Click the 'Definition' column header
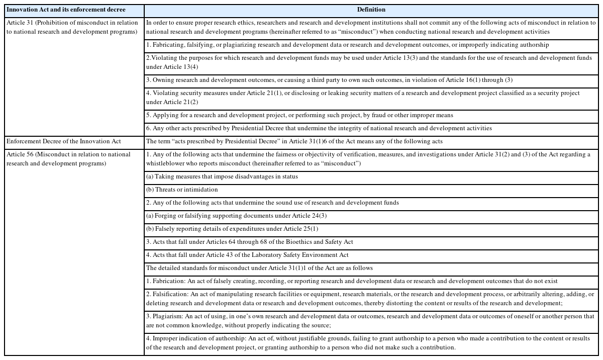371,10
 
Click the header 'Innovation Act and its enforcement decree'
66,10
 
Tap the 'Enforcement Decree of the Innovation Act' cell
64,141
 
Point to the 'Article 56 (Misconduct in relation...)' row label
68,159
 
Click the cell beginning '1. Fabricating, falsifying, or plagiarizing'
347,45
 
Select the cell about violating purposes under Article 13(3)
369,62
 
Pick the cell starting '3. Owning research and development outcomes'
329,80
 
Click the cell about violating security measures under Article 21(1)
363,98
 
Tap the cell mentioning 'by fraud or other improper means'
299,115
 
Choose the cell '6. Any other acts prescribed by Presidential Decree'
319,128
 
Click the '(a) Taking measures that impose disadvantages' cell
222,176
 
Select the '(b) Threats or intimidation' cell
182,190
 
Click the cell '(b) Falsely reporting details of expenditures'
239,229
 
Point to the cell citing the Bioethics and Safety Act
249,242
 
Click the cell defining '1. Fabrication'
352,281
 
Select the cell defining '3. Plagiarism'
370,321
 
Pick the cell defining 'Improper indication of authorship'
368,343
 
